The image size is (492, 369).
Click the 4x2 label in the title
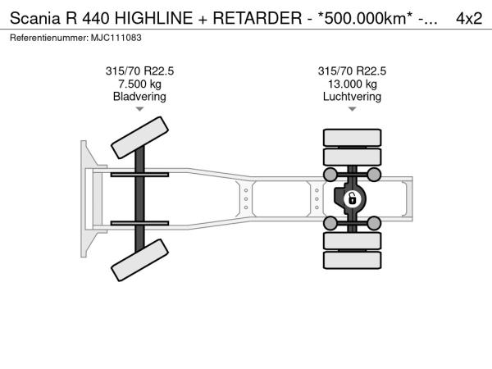point(469,18)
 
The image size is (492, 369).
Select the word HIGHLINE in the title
point(153,18)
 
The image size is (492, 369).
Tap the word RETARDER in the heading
point(257,18)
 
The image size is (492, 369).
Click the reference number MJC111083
point(116,38)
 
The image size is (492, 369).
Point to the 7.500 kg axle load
point(139,84)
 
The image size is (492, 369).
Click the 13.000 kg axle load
point(353,84)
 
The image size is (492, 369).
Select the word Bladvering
point(139,97)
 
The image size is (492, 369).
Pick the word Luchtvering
point(352,97)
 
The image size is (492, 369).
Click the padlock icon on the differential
point(352,198)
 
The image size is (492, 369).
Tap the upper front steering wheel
point(139,138)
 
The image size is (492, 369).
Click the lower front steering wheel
point(139,260)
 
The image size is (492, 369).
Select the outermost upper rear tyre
point(352,138)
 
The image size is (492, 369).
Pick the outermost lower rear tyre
point(352,260)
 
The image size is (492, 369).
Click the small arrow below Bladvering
point(139,109)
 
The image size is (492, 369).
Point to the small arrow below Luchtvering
point(352,109)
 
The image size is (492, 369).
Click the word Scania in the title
point(34,18)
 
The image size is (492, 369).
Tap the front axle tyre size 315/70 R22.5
point(139,71)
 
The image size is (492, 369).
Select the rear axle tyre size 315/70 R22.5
point(352,71)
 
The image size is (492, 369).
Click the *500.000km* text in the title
point(365,18)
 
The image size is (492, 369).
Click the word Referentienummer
point(49,38)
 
